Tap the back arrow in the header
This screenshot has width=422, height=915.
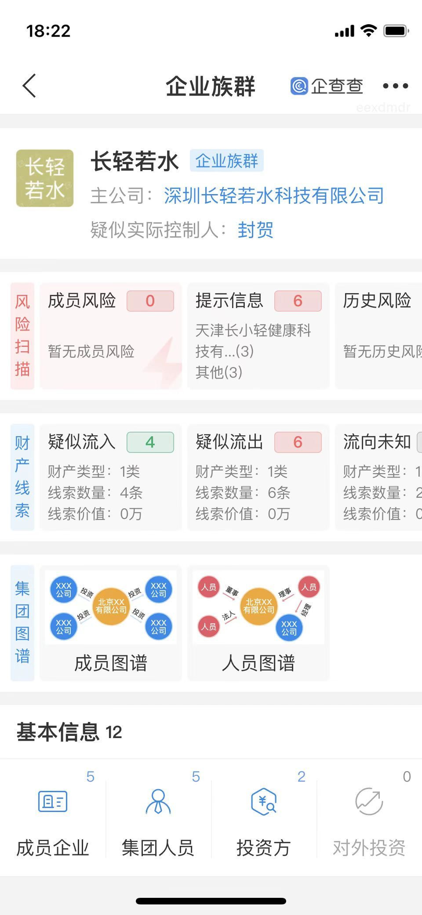(29, 85)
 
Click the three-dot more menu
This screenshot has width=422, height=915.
(395, 86)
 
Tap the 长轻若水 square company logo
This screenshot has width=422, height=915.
(45, 178)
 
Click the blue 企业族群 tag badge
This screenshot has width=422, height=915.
(226, 161)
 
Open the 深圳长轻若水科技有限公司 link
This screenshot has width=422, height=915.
(274, 196)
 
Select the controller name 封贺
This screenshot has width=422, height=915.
(255, 230)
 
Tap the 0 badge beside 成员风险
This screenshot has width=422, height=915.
(150, 301)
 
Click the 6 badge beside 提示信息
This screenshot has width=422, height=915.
(298, 301)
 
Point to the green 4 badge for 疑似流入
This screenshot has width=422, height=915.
(150, 442)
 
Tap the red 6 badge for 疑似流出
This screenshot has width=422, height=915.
(298, 442)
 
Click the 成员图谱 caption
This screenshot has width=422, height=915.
(111, 663)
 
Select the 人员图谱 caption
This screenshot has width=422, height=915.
(258, 663)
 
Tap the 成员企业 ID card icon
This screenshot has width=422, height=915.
(53, 801)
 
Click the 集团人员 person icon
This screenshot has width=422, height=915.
(158, 801)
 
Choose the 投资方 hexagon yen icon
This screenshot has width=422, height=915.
(263, 801)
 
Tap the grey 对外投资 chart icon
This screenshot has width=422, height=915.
(369, 801)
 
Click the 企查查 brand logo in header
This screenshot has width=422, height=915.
(327, 86)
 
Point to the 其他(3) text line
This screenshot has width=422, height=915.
(219, 372)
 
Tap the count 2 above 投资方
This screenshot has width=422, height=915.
(301, 777)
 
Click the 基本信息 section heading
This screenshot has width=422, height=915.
(58, 732)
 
